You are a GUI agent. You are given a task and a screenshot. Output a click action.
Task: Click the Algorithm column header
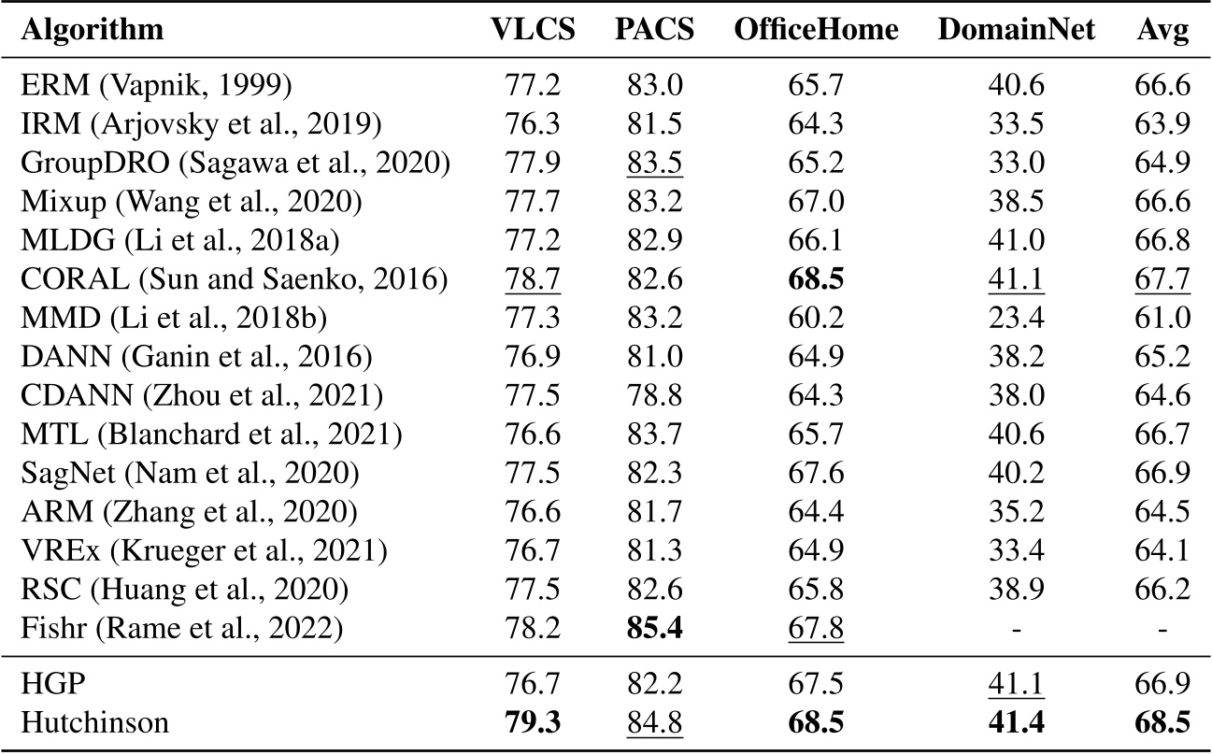pos(92,31)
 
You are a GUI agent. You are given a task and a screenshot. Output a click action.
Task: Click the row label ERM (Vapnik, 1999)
pos(156,87)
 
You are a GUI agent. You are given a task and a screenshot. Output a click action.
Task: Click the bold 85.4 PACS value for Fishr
pos(654,625)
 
